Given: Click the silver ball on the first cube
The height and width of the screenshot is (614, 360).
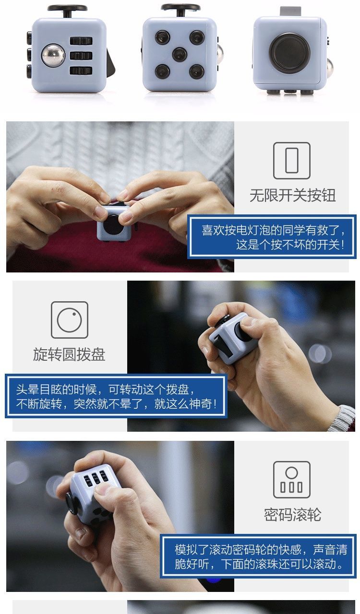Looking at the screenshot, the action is pos(53,55).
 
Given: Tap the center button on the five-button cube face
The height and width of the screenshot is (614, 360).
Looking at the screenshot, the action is pos(180,54).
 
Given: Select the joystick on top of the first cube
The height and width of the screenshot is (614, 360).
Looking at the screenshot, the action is pos(67,11).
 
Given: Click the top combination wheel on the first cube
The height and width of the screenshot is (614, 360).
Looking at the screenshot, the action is pos(81,41).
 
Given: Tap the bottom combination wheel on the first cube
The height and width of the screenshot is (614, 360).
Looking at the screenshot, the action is pos(81,71).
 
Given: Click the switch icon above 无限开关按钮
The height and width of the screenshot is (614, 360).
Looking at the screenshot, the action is pos(291,161).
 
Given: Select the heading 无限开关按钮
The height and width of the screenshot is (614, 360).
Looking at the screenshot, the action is pos(292,195).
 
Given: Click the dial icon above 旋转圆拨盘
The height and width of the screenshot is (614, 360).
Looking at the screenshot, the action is pos(70,320).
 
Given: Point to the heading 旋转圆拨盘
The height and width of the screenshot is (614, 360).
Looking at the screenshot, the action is pos(69,354).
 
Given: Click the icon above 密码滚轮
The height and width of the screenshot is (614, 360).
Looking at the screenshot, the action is pos(291,480).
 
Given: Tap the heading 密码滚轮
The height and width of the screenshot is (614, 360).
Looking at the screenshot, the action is pos(292,515).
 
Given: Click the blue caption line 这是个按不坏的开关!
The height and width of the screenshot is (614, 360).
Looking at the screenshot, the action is pos(290,245).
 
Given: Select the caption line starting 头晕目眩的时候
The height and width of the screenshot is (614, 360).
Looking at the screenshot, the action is pos(105,390).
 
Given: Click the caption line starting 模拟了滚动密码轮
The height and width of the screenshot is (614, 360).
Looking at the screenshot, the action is pos(261,550).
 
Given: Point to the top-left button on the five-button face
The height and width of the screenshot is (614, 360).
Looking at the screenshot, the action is pos(162,37).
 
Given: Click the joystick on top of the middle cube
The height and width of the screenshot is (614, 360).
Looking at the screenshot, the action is pos(180,10).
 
